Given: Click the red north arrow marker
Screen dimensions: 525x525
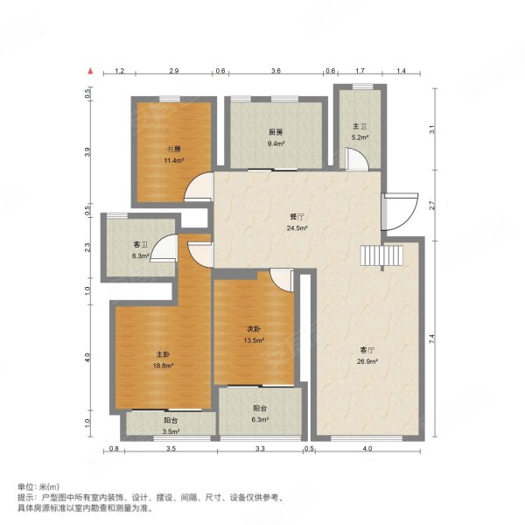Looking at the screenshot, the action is click(90, 71).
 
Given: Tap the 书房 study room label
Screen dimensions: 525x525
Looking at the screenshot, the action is click(174, 150).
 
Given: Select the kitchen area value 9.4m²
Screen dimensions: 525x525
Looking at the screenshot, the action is click(276, 143).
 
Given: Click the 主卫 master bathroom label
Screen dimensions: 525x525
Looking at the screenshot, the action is click(360, 126).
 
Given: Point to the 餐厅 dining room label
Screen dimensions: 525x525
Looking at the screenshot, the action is click(297, 217).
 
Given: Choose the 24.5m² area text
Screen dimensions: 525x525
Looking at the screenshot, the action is click(297, 228).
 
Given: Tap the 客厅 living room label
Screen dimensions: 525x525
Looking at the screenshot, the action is click(367, 350).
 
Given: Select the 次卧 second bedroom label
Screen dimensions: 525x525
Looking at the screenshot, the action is click(254, 329).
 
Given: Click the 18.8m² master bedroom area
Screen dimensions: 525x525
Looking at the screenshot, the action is click(163, 366).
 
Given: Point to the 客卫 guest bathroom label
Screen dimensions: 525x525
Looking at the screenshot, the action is click(141, 245).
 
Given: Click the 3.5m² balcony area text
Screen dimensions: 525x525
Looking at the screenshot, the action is click(171, 431).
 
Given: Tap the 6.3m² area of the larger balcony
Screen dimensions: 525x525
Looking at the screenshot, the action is click(260, 419).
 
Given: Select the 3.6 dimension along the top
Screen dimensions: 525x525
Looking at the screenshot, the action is click(276, 71).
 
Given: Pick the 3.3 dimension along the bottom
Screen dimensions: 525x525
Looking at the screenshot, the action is click(260, 449).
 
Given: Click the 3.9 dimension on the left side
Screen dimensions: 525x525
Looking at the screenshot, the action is click(87, 152).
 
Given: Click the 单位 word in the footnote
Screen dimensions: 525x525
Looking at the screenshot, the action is click(25, 486).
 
